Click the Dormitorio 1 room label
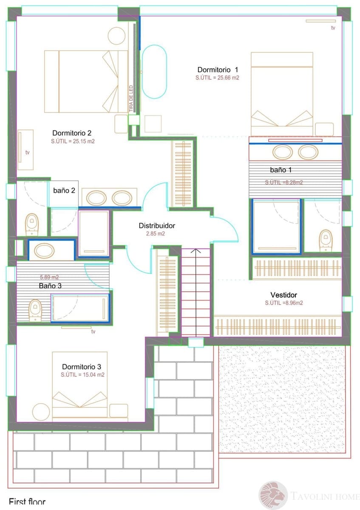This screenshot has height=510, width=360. pos(218,69)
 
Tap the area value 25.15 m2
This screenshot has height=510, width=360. pos(73,142)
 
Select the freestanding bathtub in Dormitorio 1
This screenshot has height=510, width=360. pos(154,71)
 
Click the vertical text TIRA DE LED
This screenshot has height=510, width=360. pos(131,99)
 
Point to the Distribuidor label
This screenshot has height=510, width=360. pos(157,226)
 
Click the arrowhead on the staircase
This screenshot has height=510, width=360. pos(196,252)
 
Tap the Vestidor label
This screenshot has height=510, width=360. pos(283,295)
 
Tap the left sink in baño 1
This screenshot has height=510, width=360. pos(282,152)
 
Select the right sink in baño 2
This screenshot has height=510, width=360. pos(122,198)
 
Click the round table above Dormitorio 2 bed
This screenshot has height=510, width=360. pos(116,36)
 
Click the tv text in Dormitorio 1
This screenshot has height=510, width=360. pos(333,28)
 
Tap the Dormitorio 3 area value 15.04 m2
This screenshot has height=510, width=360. pos(82,375)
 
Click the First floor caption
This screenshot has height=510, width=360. pos(27,502)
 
